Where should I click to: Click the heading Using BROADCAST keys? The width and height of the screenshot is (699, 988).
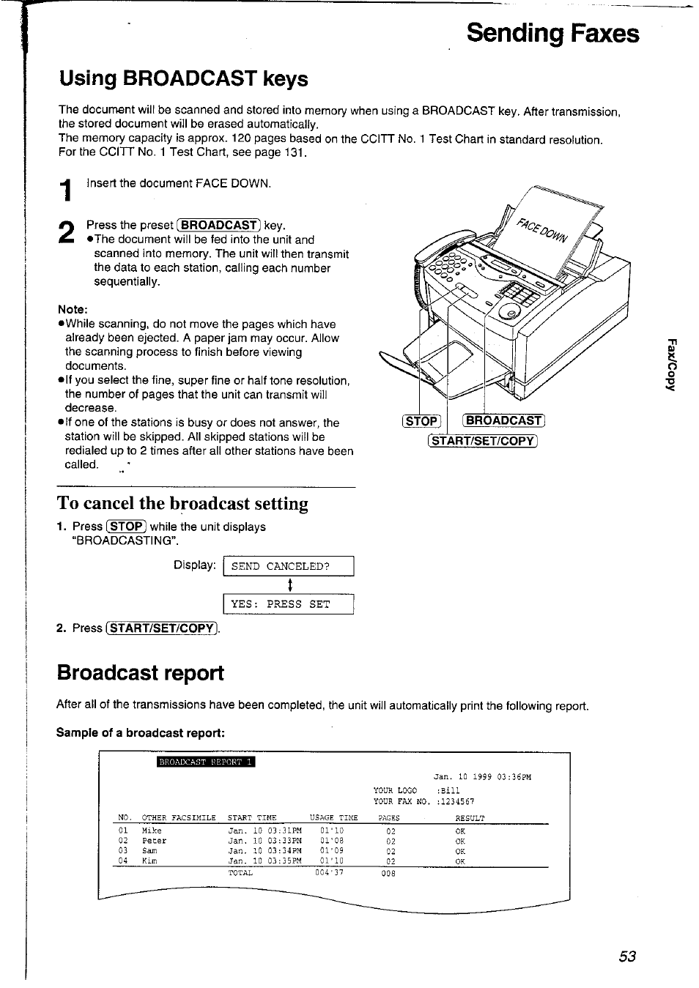click(183, 78)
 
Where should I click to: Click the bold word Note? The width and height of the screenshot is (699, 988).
click(73, 309)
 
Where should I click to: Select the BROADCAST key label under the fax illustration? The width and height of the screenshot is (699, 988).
click(503, 420)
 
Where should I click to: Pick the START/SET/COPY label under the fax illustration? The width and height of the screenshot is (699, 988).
click(483, 441)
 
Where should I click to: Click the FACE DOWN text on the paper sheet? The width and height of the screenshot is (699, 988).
click(541, 229)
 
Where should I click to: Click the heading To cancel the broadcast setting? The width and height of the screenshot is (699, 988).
click(182, 503)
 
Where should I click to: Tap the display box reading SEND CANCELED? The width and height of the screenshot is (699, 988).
click(288, 566)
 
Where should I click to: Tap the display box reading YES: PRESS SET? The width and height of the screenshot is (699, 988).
click(288, 604)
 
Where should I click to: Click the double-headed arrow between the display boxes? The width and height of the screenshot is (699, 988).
click(290, 584)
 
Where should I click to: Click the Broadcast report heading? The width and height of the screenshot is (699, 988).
click(140, 672)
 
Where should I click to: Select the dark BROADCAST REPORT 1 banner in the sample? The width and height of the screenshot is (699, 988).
click(206, 762)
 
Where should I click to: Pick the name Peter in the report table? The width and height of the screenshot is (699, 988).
click(154, 841)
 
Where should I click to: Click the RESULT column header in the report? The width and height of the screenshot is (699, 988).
click(470, 818)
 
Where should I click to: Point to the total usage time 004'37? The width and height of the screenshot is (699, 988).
click(329, 872)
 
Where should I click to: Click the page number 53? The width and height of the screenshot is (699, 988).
click(626, 957)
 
